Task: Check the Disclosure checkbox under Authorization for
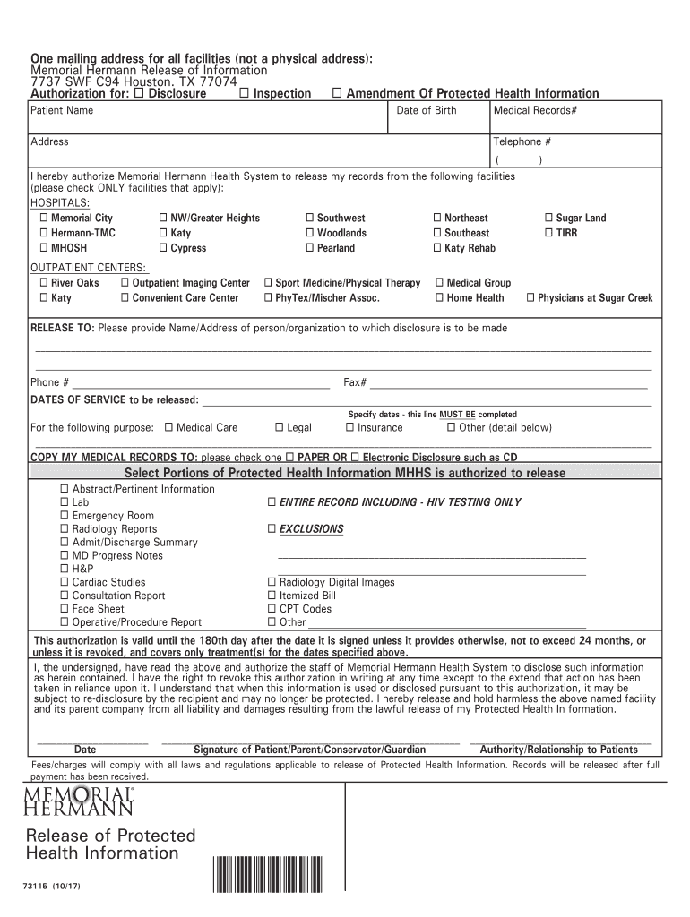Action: [x=139, y=94]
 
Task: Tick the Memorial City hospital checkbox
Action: [x=43, y=219]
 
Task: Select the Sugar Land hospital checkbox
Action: [x=549, y=219]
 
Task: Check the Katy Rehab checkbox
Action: [x=437, y=248]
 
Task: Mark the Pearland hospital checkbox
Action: [x=309, y=248]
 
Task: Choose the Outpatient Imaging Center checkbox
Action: [x=125, y=283]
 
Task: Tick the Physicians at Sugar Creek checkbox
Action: [x=530, y=298]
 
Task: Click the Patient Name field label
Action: [x=62, y=111]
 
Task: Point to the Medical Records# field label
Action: [x=535, y=111]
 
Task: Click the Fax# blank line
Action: [x=508, y=384]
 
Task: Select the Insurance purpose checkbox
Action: [x=350, y=428]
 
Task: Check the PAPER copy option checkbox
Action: [x=289, y=457]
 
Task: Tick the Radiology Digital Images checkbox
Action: [x=272, y=582]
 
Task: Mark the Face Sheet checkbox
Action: [x=65, y=609]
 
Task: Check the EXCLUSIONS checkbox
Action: [x=272, y=529]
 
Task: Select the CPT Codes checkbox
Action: [x=272, y=609]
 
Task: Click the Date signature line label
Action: [x=85, y=750]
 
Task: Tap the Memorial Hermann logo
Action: [x=82, y=801]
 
